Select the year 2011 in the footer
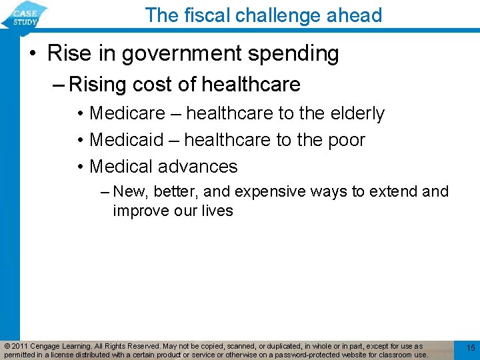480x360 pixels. click(19, 346)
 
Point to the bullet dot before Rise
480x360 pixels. click(32, 54)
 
